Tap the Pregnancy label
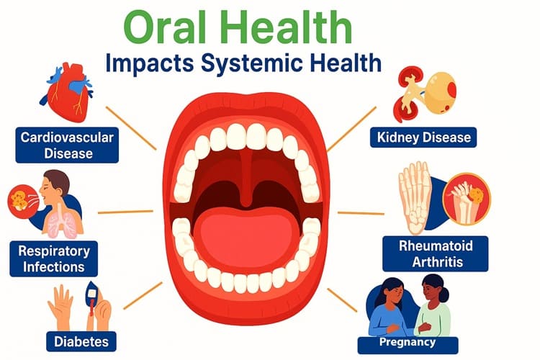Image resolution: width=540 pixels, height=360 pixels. point(408,343)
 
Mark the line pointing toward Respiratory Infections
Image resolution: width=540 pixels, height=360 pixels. point(125,212)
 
